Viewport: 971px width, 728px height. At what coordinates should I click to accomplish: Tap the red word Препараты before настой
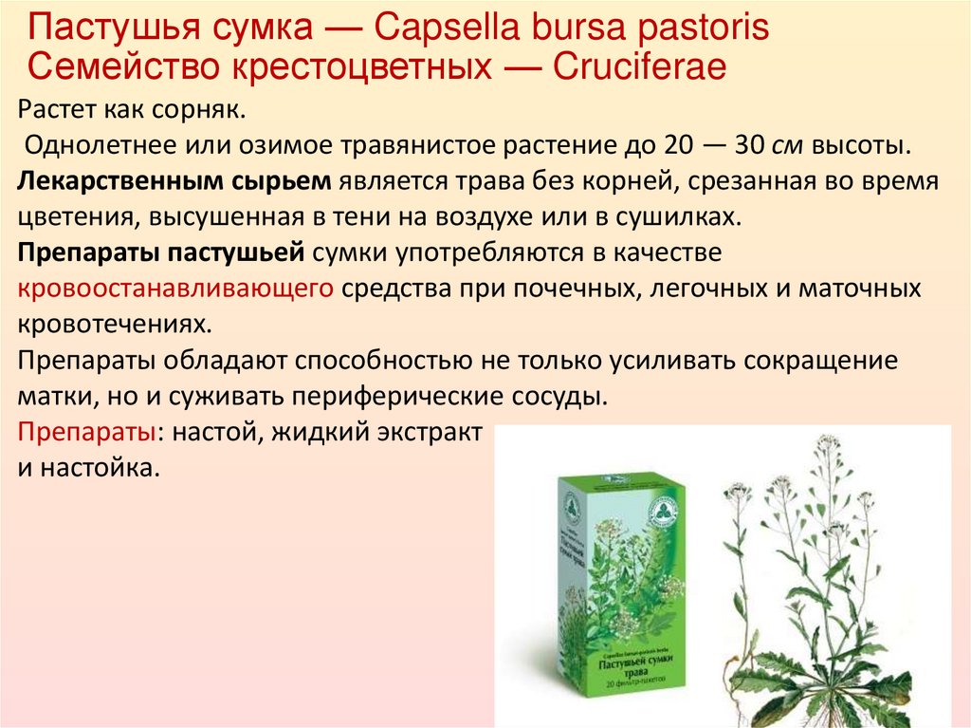click(83, 432)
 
